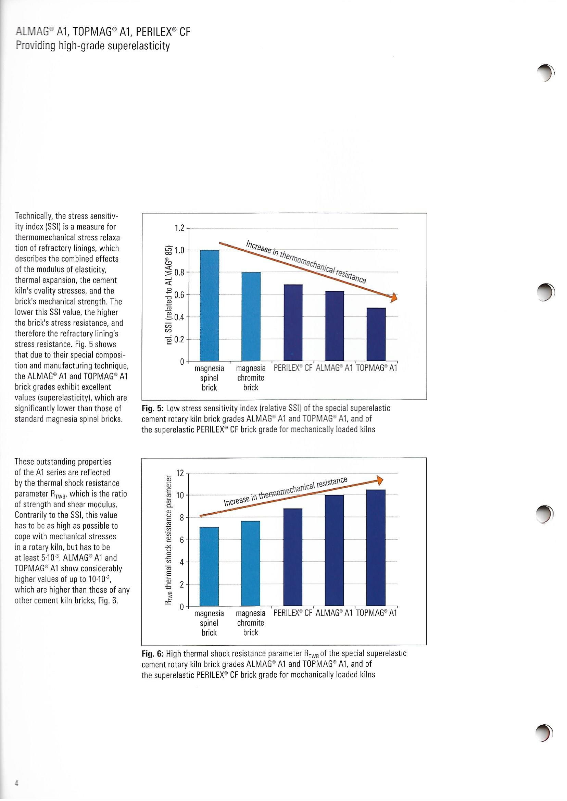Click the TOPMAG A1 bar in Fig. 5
(376, 334)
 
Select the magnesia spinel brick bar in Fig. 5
(210, 305)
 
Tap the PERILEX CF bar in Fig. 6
(293, 557)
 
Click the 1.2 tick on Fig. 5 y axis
(179, 228)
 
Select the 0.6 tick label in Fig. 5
(179, 295)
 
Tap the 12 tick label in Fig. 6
(180, 474)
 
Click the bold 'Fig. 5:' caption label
(153, 408)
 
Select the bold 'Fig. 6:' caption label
(153, 653)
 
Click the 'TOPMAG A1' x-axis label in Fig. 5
(376, 368)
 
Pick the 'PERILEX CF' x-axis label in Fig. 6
(293, 613)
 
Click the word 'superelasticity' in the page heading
(139, 46)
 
